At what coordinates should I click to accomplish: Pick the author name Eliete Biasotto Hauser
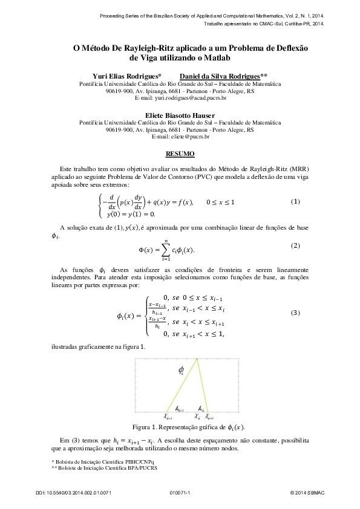(x=180, y=114)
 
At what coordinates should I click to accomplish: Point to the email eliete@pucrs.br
(x=180, y=137)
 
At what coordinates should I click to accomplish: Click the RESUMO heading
(x=180, y=154)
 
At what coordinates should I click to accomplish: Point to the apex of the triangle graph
(x=197, y=360)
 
